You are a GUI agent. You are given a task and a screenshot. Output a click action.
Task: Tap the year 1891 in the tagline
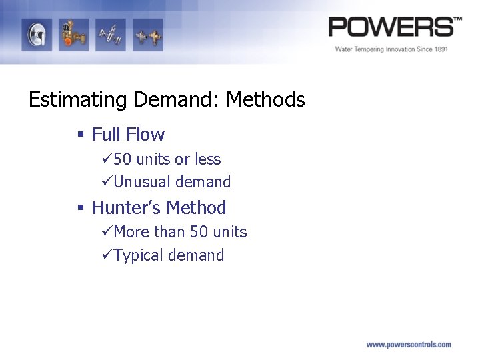[x=438, y=49]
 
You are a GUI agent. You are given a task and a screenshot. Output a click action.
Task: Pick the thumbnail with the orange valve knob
[x=73, y=35]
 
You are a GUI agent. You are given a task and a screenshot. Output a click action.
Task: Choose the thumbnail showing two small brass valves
[x=147, y=35]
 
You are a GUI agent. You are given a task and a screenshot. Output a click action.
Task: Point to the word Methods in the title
[x=265, y=100]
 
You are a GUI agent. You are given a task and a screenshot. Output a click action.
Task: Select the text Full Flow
[x=128, y=135]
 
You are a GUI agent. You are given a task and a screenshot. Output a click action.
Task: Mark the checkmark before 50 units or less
[x=107, y=159]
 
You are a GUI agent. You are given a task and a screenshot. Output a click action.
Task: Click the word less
[x=207, y=159]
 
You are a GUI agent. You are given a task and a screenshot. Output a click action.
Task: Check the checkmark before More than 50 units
[x=107, y=232]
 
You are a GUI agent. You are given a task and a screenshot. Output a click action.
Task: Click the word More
[x=132, y=232]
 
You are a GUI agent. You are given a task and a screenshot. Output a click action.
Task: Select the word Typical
[x=139, y=255]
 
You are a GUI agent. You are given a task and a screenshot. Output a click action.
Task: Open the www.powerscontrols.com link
[x=408, y=345]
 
